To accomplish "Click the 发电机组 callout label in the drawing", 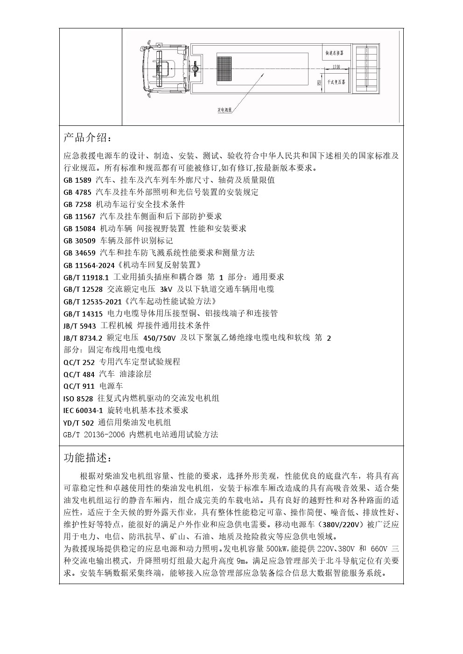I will pyautogui.click(x=225, y=110).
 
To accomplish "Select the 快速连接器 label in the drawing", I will pyautogui.click(x=335, y=54).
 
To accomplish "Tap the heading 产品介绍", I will pyautogui.click(x=87, y=138).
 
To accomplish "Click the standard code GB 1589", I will pyautogui.click(x=77, y=180).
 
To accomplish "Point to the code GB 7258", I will pyautogui.click(x=77, y=204).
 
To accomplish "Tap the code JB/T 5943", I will pyautogui.click(x=79, y=325).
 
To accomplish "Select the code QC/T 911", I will pyautogui.click(x=79, y=386).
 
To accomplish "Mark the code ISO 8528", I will pyautogui.click(x=78, y=398).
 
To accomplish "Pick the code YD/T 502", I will pyautogui.click(x=78, y=423).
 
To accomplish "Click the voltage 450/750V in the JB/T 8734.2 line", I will pyautogui.click(x=160, y=337).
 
